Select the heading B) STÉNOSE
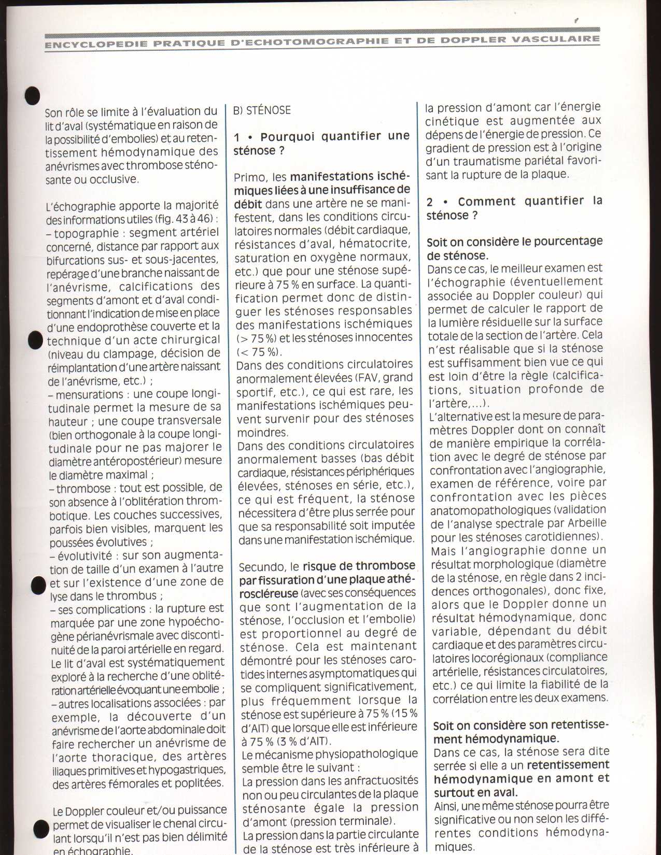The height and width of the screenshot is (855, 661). coord(262,110)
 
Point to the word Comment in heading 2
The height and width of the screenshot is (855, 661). coord(486,202)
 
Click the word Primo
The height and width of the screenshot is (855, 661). coord(251,177)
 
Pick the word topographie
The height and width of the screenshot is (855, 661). coord(87,233)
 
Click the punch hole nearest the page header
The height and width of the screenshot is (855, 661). coord(33,95)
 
